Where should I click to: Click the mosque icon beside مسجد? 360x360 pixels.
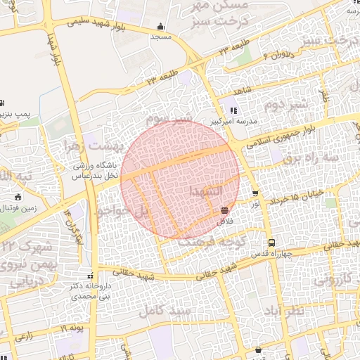(x=162, y=27)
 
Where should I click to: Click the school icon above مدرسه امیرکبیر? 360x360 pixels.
(x=233, y=110)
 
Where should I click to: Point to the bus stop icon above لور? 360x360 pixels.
(x=255, y=193)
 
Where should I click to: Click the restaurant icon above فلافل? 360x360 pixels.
(x=224, y=210)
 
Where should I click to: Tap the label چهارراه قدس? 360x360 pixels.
(x=283, y=252)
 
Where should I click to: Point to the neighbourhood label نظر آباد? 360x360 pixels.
(x=285, y=311)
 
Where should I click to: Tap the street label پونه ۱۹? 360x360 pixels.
(x=72, y=328)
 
